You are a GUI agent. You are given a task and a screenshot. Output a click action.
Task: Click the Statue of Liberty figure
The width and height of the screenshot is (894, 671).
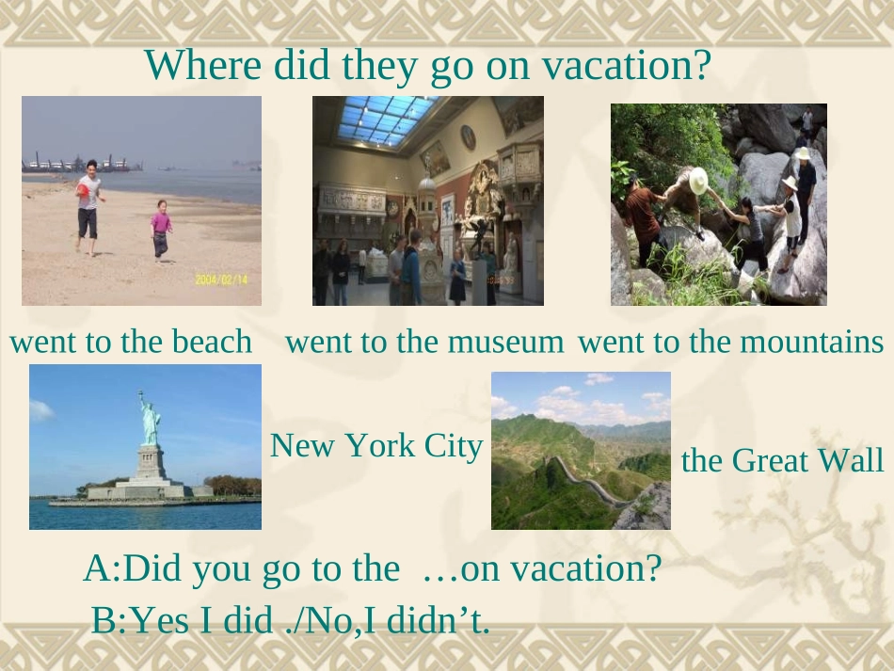[x=148, y=418]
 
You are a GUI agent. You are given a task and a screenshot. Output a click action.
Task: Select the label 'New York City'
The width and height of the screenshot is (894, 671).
[x=376, y=445]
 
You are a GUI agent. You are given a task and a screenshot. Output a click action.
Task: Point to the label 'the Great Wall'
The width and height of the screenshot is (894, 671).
[x=782, y=461]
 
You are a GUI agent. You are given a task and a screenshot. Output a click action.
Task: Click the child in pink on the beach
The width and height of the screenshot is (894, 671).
[x=161, y=228]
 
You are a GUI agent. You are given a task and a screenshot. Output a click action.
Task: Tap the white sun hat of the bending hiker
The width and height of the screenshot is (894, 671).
[x=698, y=180]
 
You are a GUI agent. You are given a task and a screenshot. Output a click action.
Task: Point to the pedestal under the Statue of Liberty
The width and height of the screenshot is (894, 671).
[x=148, y=464]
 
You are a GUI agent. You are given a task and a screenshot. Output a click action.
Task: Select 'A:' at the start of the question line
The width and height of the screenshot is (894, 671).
[x=102, y=568]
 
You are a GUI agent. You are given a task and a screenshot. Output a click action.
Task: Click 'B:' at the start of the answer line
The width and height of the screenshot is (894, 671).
[x=108, y=620]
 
